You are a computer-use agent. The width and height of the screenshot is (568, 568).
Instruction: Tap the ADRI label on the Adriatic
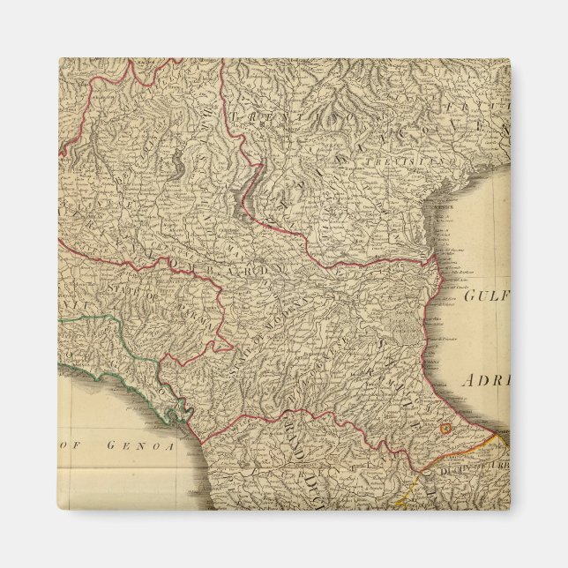click(485, 381)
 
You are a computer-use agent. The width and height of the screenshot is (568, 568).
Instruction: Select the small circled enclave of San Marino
click(446, 429)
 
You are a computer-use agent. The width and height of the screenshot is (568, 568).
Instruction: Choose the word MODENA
click(304, 309)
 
